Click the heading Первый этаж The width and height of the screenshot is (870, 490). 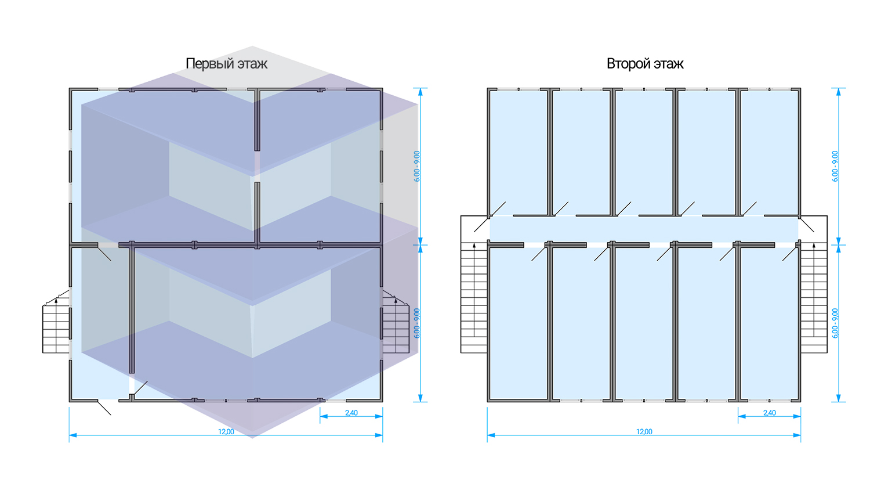point(226,63)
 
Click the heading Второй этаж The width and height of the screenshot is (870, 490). point(645,63)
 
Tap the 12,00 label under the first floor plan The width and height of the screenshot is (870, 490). point(226,432)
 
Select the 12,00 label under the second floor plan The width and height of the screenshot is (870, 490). point(644,432)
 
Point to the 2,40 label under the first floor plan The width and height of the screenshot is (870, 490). point(351,413)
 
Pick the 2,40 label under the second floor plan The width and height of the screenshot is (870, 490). point(770,413)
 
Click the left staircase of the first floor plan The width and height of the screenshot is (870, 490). point(56,328)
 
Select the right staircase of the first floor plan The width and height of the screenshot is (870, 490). point(396,328)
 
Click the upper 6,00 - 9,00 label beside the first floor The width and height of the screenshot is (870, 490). point(417,167)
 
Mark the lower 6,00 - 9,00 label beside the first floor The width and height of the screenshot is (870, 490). point(417,323)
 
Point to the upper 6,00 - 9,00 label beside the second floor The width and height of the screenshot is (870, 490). point(835,167)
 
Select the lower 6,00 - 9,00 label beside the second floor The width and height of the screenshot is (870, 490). point(835,323)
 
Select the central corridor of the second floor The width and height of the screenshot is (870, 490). point(644,229)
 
